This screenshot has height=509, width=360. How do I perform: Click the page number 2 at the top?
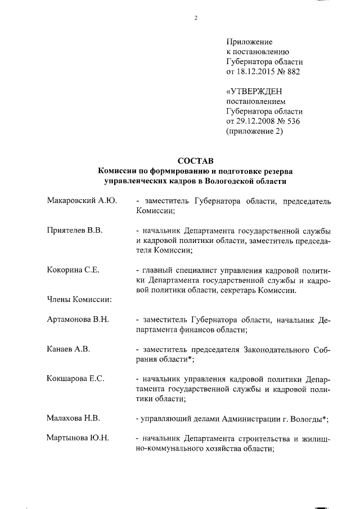196,17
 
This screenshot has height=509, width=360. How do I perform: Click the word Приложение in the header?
249,42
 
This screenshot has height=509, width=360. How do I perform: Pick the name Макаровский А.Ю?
82,201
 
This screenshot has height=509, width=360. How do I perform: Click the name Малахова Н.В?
73,417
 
